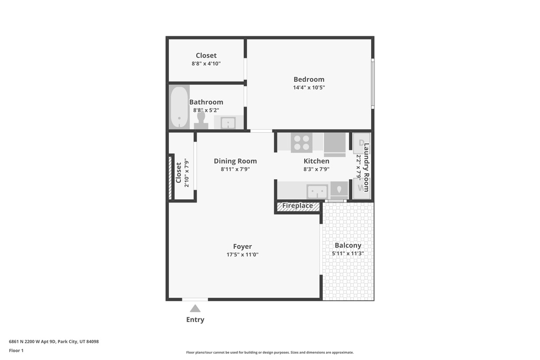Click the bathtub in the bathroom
coord(179,107)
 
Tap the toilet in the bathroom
coord(201,121)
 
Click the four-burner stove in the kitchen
coord(302,142)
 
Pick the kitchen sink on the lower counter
coord(317,190)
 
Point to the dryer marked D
coord(361,143)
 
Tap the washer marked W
coord(361,188)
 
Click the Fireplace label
coord(297,206)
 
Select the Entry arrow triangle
coord(195,308)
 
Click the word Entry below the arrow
coord(195,319)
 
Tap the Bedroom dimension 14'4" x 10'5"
coord(309,87)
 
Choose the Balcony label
coord(348,245)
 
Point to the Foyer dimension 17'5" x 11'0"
coord(243,255)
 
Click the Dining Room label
coord(235,161)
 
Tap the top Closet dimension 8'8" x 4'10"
coord(206,63)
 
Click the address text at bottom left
coord(54,342)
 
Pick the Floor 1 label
coord(16,350)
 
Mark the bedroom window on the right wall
coord(372,83)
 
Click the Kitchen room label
coord(316,161)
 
